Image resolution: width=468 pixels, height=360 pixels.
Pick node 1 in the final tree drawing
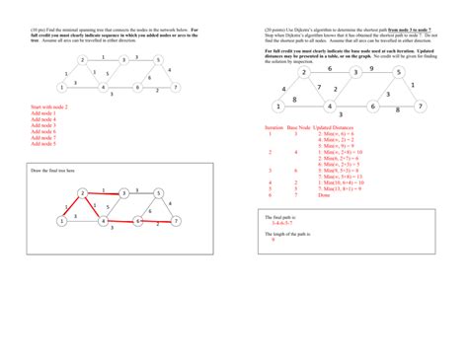[61, 222]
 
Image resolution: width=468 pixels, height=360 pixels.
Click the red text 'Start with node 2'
[49, 106]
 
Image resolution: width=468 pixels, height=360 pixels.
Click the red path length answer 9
[272, 240]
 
